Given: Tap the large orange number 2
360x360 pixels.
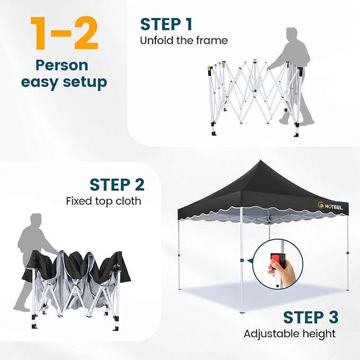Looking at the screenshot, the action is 85,32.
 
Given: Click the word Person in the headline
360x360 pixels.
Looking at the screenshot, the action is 62,65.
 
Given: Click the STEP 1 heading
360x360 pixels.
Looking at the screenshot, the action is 166,24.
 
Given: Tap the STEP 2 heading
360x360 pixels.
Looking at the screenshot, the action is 117,185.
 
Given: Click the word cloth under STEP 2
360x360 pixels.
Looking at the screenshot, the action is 128,201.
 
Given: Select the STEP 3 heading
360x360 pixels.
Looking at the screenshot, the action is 311,317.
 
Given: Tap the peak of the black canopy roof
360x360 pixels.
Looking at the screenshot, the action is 260,161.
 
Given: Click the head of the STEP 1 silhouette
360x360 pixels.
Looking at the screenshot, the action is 292,34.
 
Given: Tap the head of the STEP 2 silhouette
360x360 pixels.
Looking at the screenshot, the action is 36,219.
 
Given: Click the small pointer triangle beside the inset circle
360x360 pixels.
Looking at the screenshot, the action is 250,261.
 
